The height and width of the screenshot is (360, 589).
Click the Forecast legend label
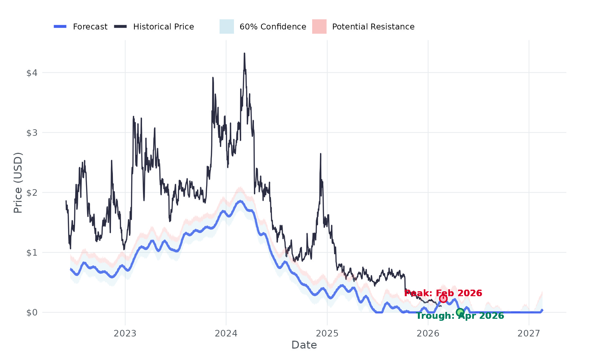pos(90,27)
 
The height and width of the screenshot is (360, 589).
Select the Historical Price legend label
pos(163,27)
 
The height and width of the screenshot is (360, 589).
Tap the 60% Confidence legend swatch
pos(226,27)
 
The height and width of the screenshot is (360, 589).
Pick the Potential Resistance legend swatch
pos(319,27)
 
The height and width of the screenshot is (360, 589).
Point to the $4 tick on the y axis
pos(32,73)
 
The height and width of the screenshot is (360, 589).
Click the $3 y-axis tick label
pos(32,133)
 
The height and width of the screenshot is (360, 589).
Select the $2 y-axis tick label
pos(32,192)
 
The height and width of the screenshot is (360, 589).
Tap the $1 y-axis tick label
pos(32,252)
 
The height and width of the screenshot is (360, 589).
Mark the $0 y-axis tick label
pos(32,313)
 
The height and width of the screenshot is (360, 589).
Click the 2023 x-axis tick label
pos(125,333)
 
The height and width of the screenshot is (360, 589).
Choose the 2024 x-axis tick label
pos(226,333)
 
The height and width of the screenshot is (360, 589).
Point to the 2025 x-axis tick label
pos(327,333)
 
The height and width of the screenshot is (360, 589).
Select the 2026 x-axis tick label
pos(428,333)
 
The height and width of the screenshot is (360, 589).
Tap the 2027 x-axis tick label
pos(528,333)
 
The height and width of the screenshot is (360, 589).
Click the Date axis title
pos(304,345)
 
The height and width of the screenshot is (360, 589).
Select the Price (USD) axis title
pos(18,183)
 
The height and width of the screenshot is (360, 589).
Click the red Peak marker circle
pos(443,298)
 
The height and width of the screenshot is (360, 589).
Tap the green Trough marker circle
pos(460,312)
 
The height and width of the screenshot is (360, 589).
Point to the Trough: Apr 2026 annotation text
pos(460,316)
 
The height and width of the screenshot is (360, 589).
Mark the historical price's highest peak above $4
pos(244,53)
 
